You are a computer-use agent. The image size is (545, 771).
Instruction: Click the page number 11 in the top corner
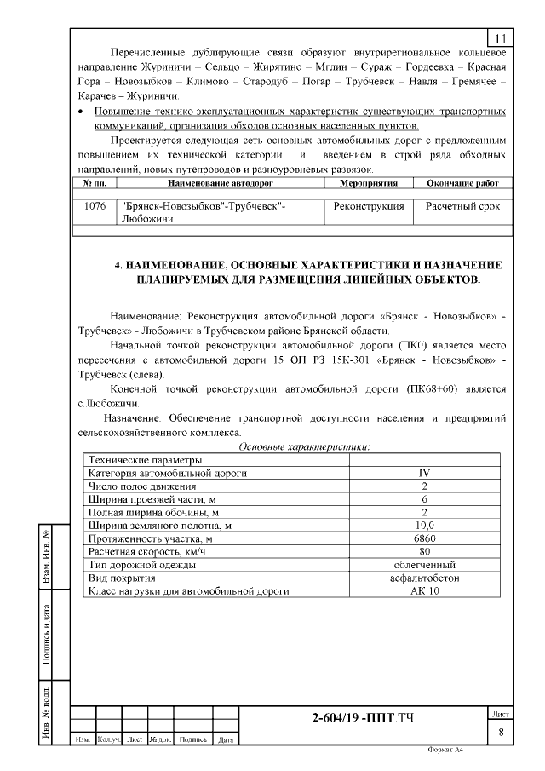click(500, 38)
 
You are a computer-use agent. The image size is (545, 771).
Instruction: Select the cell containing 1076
click(95, 207)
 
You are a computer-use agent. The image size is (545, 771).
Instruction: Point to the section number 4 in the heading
click(118, 265)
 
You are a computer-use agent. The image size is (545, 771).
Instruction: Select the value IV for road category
click(424, 472)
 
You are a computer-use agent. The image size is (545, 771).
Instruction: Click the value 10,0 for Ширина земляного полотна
click(424, 526)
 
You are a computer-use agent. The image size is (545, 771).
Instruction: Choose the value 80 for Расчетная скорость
click(424, 551)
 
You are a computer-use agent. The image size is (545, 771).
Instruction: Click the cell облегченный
click(424, 564)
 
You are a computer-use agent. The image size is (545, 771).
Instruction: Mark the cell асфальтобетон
click(424, 578)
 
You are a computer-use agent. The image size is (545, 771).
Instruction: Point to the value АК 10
click(424, 590)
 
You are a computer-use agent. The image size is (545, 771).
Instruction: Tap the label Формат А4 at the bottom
click(446, 751)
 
